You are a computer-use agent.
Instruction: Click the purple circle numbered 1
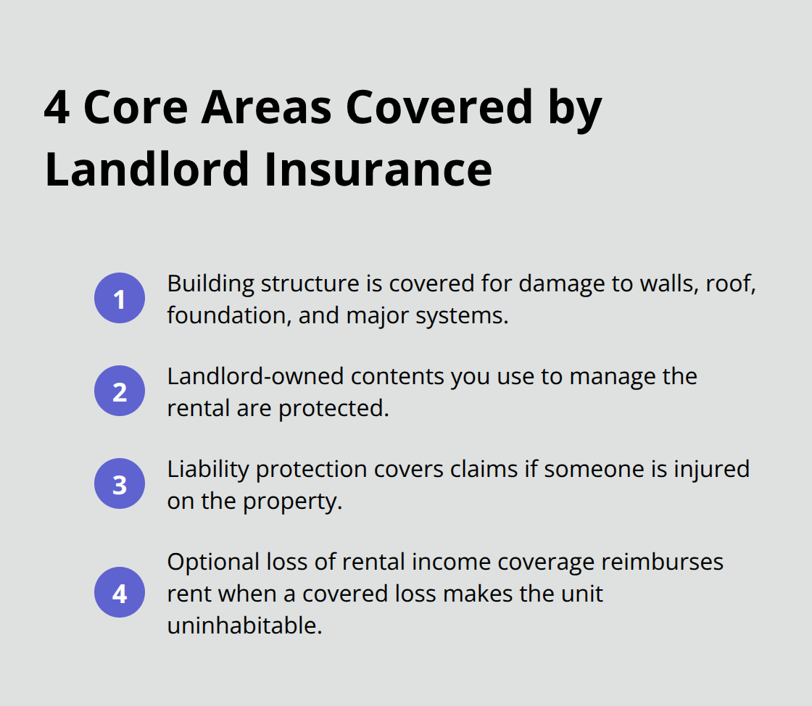(x=120, y=298)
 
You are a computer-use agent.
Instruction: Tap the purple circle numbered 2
(x=120, y=391)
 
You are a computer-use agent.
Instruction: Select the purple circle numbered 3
(x=120, y=483)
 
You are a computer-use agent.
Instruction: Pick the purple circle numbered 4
(x=120, y=592)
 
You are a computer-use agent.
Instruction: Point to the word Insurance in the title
(x=378, y=169)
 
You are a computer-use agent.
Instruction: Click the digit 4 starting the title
(x=57, y=107)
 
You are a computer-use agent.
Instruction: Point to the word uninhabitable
(x=244, y=626)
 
